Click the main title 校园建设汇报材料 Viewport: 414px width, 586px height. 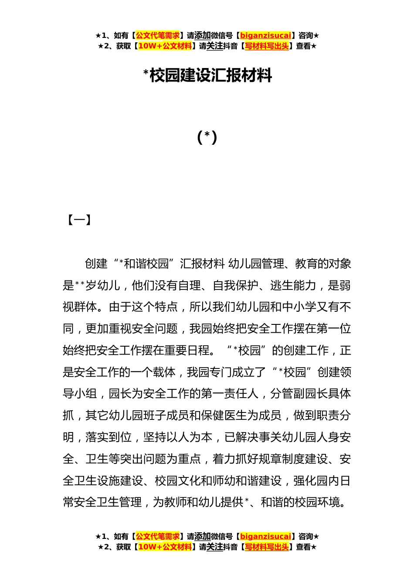[210, 75]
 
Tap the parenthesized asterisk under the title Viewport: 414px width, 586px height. [207, 137]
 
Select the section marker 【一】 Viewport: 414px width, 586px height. [79, 220]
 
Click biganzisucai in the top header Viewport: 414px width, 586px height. [265, 35]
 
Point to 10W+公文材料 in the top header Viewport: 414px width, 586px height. [165, 46]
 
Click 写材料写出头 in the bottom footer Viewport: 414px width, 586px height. [267, 547]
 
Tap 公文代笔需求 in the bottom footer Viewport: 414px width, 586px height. [157, 536]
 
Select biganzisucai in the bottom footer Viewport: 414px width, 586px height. [265, 536]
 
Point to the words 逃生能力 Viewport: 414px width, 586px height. [293, 286]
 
